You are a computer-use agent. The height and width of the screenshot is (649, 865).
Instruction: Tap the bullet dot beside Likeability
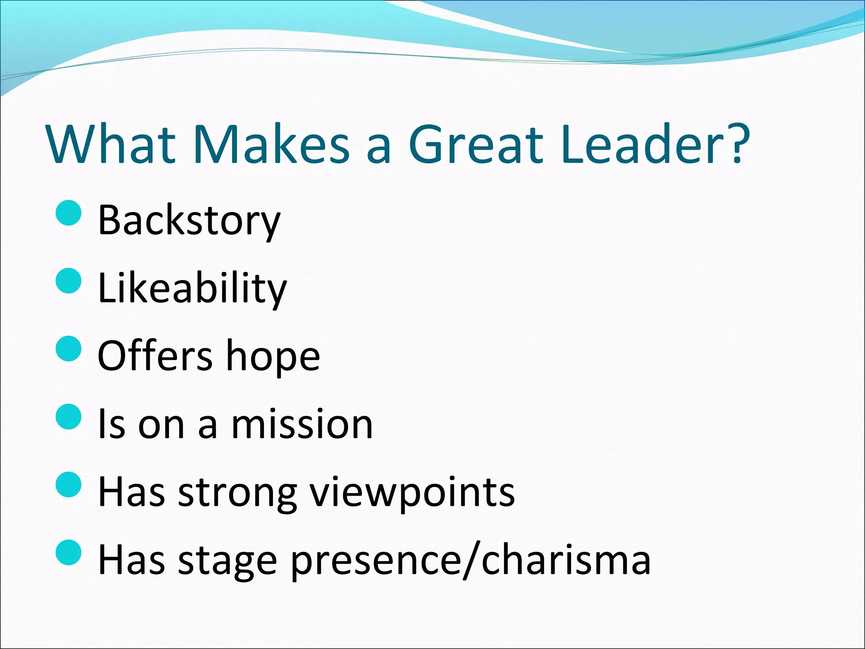pos(68,281)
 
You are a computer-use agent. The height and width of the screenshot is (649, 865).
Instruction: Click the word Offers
pos(155,356)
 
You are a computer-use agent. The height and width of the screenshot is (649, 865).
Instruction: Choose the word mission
pos(302,424)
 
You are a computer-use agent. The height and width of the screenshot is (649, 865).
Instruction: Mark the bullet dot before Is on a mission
pos(68,417)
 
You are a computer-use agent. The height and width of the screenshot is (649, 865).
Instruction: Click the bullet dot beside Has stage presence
pos(68,552)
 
